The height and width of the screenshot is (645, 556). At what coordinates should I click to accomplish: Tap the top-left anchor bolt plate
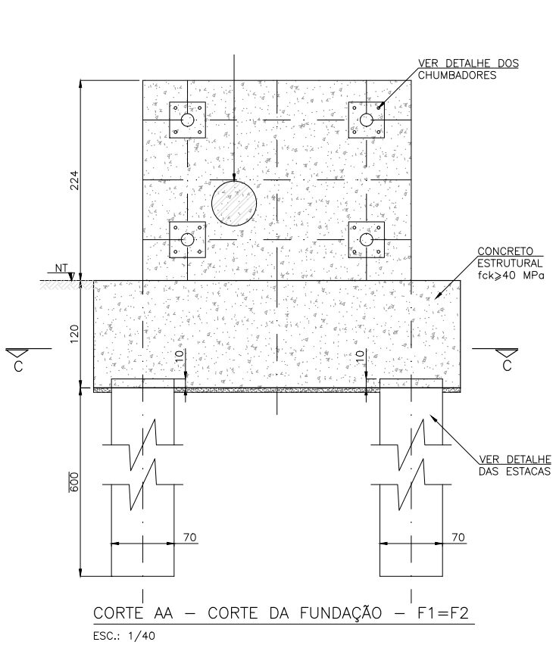[187, 120]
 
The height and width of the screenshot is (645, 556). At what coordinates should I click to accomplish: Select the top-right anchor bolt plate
[367, 120]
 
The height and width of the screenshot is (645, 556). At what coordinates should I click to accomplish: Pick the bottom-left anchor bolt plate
[187, 240]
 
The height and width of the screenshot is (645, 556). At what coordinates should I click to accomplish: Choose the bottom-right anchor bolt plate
[367, 240]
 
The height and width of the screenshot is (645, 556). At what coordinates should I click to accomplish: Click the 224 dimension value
[74, 180]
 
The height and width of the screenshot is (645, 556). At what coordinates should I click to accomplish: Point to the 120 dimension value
[74, 335]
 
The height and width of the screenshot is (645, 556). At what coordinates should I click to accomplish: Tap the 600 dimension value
[74, 482]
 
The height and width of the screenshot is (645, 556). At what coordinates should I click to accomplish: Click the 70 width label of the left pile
[189, 537]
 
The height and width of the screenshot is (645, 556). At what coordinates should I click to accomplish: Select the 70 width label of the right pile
[458, 537]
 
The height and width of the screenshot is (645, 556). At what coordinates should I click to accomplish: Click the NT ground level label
[61, 268]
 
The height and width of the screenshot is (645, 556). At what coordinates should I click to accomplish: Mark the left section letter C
[18, 366]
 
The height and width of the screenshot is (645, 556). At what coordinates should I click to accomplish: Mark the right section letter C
[507, 366]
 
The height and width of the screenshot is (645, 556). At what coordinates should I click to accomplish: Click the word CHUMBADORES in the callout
[458, 75]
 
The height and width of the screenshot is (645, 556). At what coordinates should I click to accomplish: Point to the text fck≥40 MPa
[511, 276]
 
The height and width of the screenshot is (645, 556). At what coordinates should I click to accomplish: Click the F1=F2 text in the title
[443, 613]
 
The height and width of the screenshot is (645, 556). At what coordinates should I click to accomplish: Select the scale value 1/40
[142, 636]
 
